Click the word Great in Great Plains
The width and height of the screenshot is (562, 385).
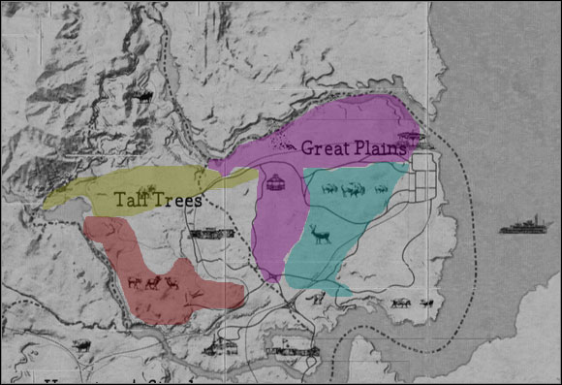tap(321, 148)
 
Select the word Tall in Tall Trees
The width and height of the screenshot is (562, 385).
tap(131, 201)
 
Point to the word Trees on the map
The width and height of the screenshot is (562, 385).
tap(178, 201)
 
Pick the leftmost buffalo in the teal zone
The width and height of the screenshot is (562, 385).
tap(327, 189)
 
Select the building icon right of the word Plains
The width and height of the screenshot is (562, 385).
tap(410, 139)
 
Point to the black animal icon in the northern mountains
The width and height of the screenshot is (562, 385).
tap(144, 96)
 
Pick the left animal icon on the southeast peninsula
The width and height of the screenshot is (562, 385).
tap(399, 304)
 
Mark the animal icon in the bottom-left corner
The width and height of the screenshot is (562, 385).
tap(81, 344)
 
